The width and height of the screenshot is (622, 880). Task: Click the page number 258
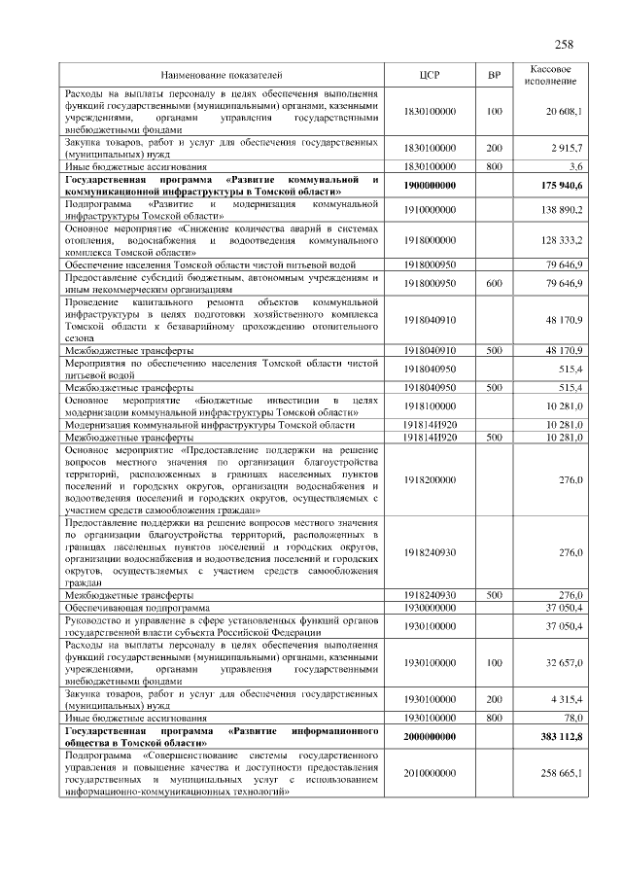564,44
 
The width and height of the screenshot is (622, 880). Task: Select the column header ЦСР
430,73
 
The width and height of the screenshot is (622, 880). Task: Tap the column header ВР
493,73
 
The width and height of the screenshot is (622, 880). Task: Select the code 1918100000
430,405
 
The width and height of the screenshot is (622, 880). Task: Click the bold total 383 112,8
557,737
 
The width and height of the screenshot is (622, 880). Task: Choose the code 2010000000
430,773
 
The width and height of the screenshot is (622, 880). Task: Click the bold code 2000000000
430,737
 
